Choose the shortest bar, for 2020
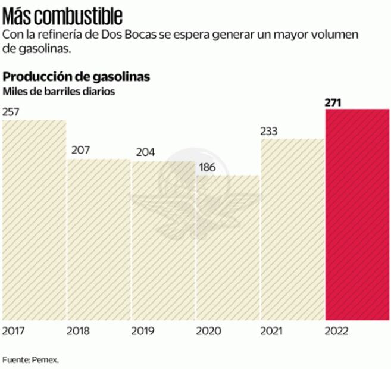tap(228, 248)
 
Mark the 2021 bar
tap(292, 229)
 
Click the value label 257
tap(11, 112)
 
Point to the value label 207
tap(80, 150)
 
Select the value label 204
tap(145, 152)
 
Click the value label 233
tap(270, 131)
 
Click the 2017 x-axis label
tap(14, 331)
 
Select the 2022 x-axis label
tap(338, 331)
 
